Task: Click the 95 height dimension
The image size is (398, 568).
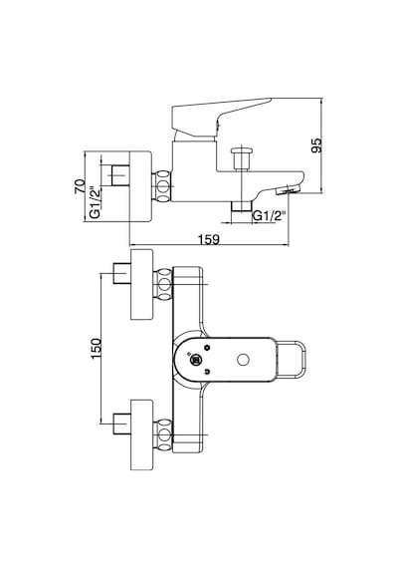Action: click(316, 145)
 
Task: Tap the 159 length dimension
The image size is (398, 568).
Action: click(209, 239)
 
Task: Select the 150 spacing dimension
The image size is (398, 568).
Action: click(96, 348)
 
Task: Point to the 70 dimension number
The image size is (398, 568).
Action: click(80, 186)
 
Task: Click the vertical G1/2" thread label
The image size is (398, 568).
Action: click(95, 202)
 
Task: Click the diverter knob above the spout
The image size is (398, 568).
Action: click(242, 158)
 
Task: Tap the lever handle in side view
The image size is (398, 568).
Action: click(221, 117)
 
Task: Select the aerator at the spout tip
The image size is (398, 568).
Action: click(288, 189)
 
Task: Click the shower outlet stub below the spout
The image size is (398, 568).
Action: click(242, 206)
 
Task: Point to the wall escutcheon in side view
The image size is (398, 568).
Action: click(140, 186)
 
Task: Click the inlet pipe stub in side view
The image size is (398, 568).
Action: click(119, 175)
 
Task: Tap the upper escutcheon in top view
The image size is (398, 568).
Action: click(142, 285)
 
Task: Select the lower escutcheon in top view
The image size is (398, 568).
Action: click(142, 435)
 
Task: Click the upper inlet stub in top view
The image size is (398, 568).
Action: click(122, 273)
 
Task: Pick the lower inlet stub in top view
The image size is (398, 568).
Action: click(122, 424)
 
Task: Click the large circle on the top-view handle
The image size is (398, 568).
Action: click(243, 360)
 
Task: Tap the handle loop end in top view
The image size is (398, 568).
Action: click(292, 360)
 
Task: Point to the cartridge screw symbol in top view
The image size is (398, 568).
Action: click(196, 360)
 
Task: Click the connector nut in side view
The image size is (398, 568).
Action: click(162, 186)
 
